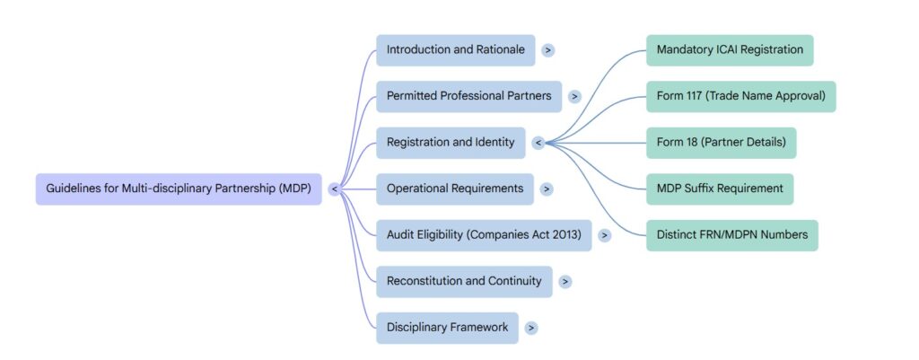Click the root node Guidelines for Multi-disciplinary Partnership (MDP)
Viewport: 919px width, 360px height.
(x=178, y=189)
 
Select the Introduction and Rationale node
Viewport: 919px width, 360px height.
(x=455, y=50)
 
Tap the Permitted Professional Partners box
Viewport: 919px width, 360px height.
(x=468, y=96)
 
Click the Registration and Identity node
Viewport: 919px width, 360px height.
(x=450, y=142)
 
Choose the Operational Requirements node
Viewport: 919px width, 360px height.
(x=454, y=189)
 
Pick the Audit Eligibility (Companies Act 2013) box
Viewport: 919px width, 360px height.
(x=483, y=235)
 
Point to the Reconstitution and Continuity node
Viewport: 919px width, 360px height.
(x=463, y=281)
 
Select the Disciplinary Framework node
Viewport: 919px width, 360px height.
(x=447, y=328)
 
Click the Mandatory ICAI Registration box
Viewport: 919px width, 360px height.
(x=730, y=50)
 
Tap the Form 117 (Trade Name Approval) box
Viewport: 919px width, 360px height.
(x=740, y=96)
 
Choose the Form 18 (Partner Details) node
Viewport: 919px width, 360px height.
(x=721, y=142)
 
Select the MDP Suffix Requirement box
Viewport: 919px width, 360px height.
(x=719, y=189)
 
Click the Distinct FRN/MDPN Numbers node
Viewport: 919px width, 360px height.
(x=731, y=235)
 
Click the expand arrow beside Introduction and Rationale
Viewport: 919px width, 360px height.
(x=547, y=50)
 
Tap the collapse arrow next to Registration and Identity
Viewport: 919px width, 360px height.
(x=538, y=143)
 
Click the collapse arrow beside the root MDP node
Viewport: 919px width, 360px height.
(x=334, y=189)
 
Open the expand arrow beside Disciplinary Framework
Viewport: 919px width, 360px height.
(x=531, y=328)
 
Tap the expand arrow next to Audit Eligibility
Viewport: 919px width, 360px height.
(x=604, y=235)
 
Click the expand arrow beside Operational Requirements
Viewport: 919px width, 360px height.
(x=547, y=189)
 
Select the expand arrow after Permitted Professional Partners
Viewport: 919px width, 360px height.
(x=574, y=96)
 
